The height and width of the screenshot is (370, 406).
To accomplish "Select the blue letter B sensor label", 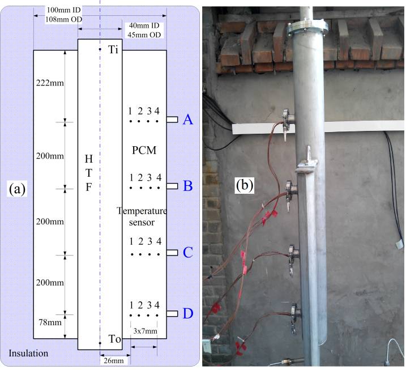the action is point(189,185).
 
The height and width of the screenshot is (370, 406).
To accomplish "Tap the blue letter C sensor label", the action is point(189,252).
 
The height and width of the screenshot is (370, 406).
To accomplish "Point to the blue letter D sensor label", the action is point(189,313).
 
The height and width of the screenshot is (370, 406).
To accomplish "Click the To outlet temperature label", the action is point(115,339).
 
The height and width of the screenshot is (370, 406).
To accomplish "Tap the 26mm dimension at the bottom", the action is point(115,359).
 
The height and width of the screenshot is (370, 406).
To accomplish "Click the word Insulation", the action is point(28,354).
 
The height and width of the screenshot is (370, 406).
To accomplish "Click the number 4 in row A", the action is point(158,110).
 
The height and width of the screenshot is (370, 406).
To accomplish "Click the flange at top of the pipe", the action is point(306,28).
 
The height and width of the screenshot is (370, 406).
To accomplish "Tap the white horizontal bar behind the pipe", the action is point(260,129).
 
